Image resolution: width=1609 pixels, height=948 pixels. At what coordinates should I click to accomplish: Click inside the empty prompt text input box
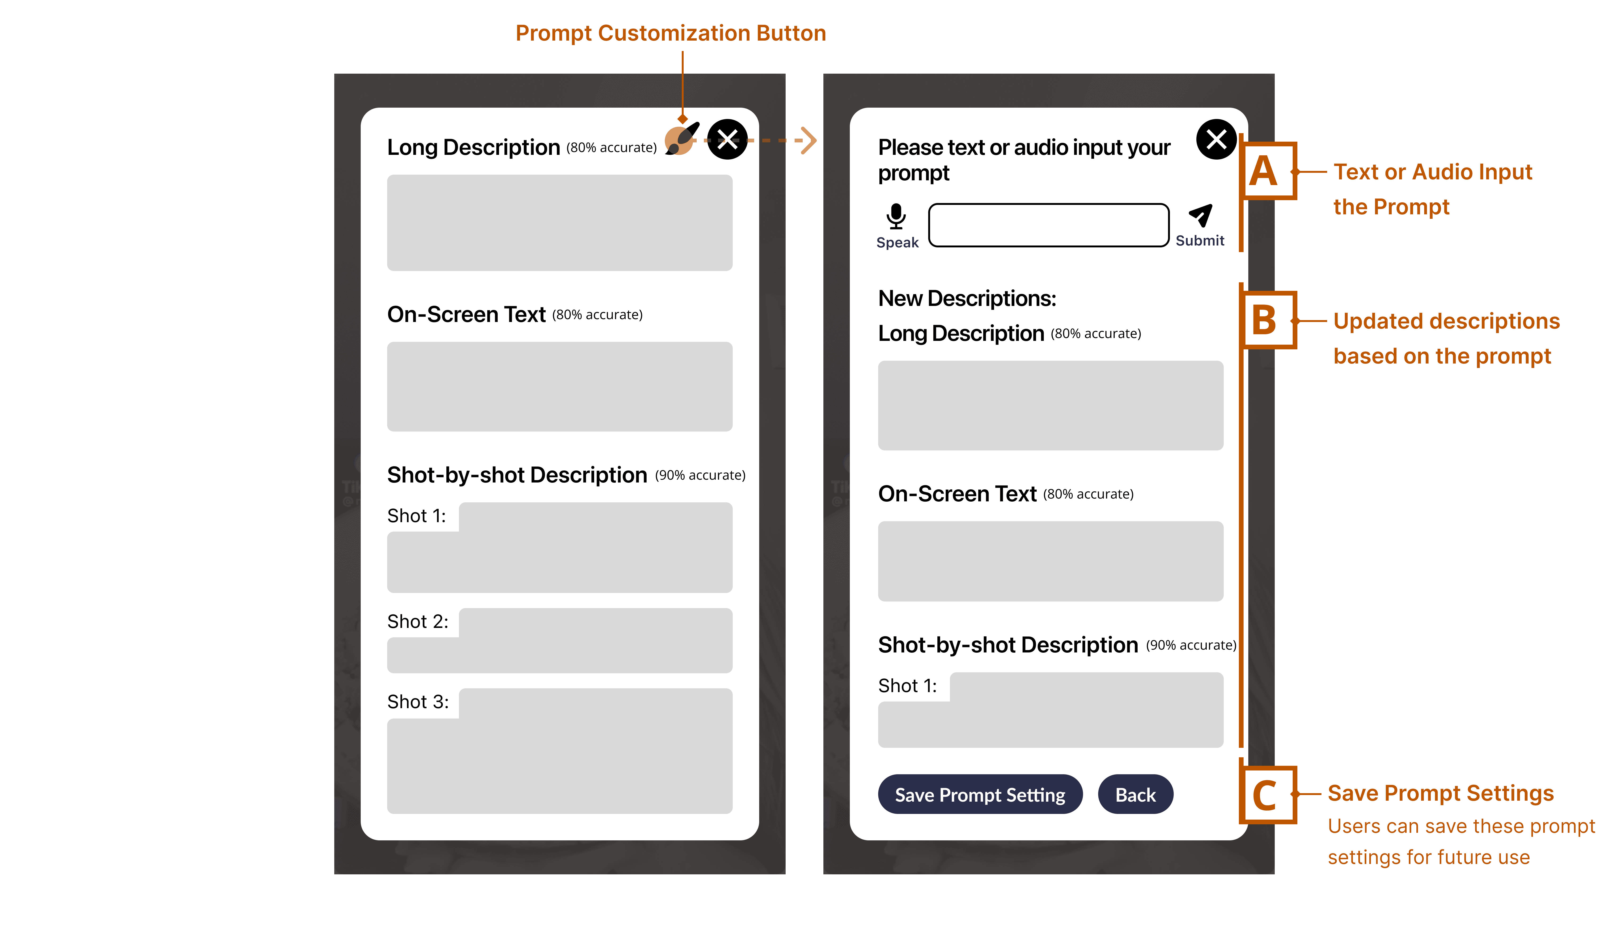point(1049,225)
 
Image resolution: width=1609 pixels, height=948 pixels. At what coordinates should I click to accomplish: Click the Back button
point(1135,795)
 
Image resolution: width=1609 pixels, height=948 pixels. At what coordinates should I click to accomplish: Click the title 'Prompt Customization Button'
point(671,33)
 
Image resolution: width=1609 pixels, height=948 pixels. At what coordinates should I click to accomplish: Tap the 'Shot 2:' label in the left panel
point(418,622)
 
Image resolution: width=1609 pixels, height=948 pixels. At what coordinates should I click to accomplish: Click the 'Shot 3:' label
point(418,701)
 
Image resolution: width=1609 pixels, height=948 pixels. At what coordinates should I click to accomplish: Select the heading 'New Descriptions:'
point(967,298)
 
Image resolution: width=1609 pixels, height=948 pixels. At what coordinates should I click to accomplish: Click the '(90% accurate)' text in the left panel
point(700,475)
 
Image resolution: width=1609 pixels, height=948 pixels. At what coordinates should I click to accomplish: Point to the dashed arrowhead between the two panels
point(809,140)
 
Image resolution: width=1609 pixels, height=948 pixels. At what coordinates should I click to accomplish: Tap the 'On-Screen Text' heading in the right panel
point(957,494)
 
